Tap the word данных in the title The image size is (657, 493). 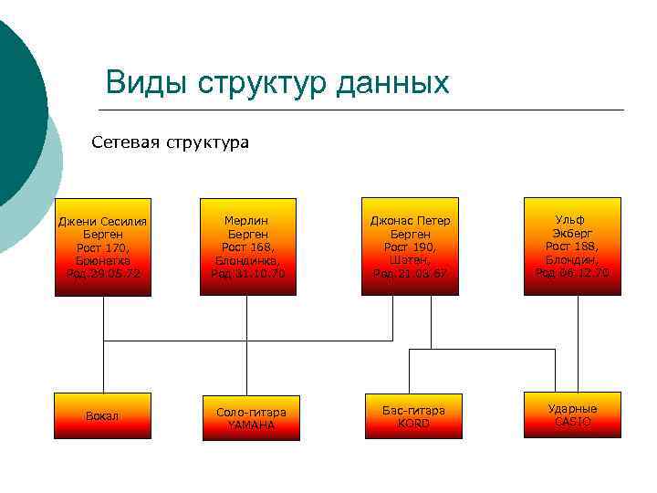point(392,83)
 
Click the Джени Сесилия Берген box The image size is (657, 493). point(103,247)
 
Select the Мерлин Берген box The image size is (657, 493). point(247,247)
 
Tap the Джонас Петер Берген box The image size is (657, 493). point(410,247)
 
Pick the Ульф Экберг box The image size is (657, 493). point(571,246)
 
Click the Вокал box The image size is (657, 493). point(103,415)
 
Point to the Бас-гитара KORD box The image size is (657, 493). point(413,416)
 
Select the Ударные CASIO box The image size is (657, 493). point(572,415)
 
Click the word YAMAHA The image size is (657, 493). point(251,425)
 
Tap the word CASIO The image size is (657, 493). point(572,422)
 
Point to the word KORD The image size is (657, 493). point(413,423)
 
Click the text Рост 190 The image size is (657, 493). point(410,246)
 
